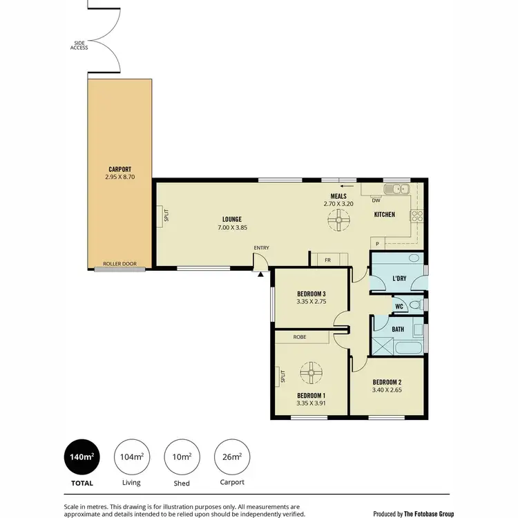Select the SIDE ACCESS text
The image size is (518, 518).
79,46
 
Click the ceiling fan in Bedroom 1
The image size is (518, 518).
311,373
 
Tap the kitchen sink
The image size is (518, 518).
398,189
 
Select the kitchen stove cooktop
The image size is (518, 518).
417,215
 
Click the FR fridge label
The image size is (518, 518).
329,260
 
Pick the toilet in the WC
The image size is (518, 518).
416,305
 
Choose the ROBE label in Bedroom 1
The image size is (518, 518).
300,338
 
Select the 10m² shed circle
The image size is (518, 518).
182,457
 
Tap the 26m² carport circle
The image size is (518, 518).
232,457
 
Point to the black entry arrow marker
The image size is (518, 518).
260,274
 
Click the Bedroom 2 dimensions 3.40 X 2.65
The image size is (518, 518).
387,390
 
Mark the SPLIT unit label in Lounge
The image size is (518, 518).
166,215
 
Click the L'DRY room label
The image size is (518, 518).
399,278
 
